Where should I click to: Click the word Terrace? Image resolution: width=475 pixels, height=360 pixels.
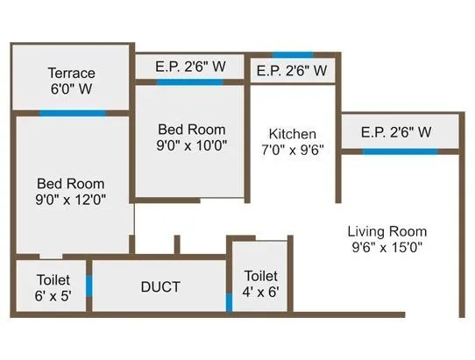[72, 73]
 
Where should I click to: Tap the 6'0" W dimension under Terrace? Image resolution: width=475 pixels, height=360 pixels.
[72, 88]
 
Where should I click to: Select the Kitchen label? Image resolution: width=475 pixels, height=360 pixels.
[293, 133]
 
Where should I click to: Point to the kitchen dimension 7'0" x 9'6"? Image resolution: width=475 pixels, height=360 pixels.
[293, 149]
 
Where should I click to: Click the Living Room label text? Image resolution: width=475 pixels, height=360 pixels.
[386, 231]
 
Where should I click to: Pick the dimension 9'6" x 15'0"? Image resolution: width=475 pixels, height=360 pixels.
[386, 247]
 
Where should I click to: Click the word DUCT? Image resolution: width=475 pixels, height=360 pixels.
[160, 287]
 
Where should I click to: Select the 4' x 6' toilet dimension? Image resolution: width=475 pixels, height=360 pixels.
[262, 292]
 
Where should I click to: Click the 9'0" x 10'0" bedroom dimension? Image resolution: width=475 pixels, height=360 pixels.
[191, 146]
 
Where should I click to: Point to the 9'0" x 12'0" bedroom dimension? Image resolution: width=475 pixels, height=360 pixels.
[71, 199]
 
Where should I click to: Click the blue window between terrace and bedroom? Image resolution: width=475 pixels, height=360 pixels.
[72, 113]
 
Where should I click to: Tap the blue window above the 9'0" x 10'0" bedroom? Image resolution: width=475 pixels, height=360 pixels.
[189, 82]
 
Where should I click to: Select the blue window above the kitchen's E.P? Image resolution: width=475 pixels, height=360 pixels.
[292, 54]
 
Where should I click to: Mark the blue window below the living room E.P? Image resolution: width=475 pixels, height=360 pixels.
[400, 152]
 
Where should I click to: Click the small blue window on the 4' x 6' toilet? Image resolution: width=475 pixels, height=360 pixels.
[229, 302]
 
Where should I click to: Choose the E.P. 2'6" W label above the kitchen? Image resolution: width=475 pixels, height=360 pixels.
[292, 70]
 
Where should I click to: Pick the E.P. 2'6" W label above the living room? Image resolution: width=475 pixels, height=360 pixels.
[396, 132]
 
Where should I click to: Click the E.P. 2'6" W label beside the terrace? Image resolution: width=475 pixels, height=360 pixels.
[190, 66]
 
